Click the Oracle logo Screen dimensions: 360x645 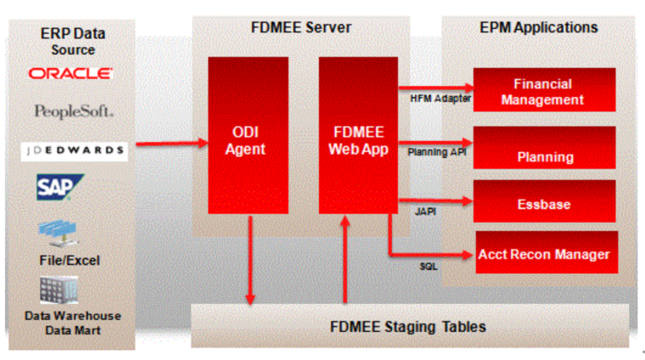pos(70,74)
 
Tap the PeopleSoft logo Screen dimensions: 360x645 pos(73,112)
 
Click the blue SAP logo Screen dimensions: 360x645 pos(60,188)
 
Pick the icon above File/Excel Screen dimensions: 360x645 pos(58,233)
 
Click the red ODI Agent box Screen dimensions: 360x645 pos(248,135)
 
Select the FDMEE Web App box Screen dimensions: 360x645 pos(358,135)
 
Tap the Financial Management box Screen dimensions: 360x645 pos(544,91)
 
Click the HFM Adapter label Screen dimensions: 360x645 pos(436,98)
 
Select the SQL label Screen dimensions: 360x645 pos(428,267)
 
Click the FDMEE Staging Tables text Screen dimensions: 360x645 pos(408,326)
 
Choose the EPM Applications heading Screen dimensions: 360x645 pos(538,28)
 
